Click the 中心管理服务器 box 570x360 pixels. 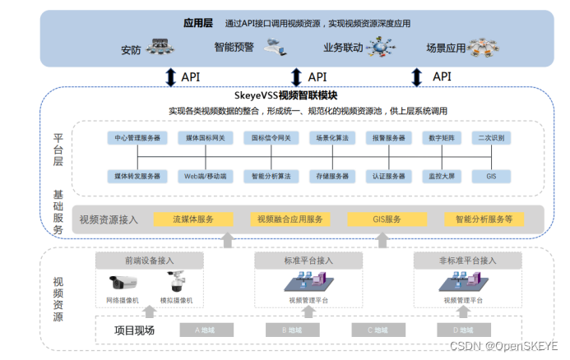point(137,138)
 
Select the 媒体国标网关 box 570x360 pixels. point(206,138)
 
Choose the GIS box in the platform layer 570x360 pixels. point(491,176)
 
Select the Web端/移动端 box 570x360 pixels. point(206,176)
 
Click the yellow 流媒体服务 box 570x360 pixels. point(193,219)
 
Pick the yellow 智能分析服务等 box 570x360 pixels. point(484,219)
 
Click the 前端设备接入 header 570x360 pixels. point(149,261)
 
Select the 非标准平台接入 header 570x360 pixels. point(466,261)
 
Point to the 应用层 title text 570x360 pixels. point(199,23)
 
